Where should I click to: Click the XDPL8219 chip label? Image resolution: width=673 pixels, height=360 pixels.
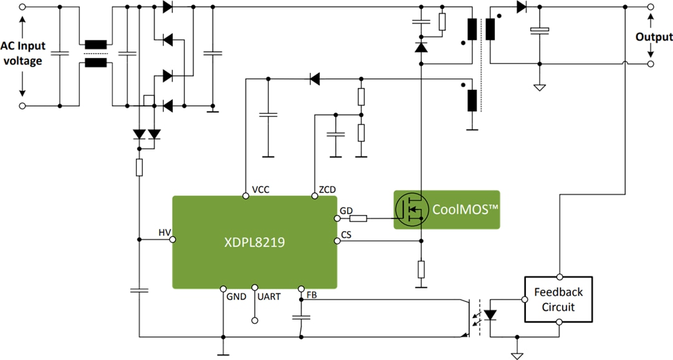pos(254,243)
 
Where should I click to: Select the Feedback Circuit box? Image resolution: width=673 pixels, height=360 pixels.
pos(558,299)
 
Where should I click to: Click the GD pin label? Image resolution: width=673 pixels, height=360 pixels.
pos(346,211)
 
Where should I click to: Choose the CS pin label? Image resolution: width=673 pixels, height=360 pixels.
pos(346,235)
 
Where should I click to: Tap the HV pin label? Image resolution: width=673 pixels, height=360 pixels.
pos(165,232)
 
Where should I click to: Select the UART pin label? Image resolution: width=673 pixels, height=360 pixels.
pos(268,297)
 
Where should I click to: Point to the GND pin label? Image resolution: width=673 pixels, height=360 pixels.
pos(236,297)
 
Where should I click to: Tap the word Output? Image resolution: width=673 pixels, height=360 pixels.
pos(654,37)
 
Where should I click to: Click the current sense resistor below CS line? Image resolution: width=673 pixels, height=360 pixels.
pos(421,269)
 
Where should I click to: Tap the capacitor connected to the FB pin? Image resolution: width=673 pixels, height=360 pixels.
pos(301,317)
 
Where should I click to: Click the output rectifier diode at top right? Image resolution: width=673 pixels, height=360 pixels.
pos(521,7)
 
